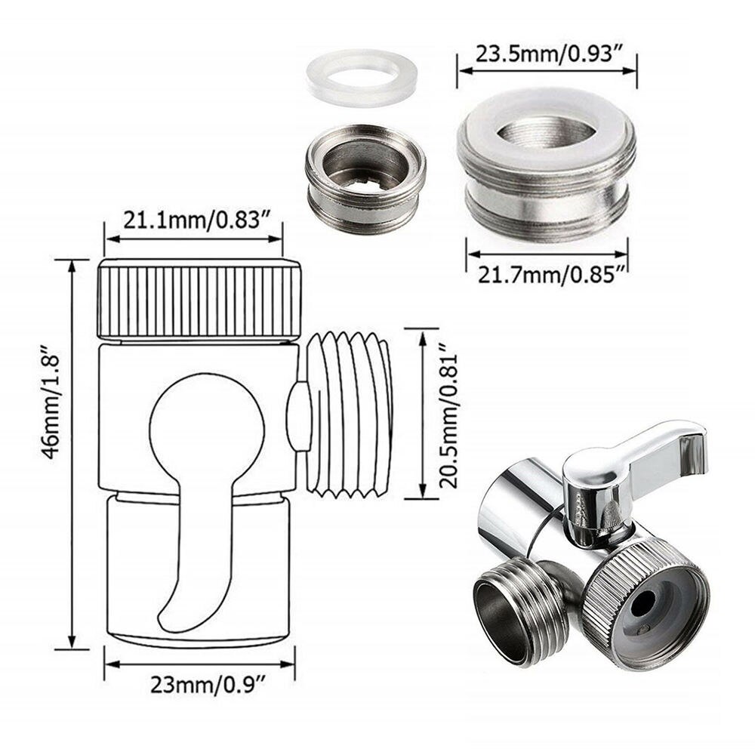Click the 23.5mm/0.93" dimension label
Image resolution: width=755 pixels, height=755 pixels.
coord(547,54)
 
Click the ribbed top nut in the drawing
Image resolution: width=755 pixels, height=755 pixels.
coord(199,300)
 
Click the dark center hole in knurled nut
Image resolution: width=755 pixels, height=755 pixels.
coord(644,602)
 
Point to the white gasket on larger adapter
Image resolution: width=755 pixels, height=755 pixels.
coord(547,121)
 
